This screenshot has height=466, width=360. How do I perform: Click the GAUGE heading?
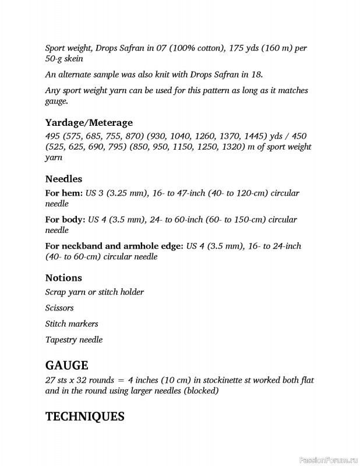tap(66, 366)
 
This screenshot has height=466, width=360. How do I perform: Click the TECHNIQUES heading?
tap(84, 416)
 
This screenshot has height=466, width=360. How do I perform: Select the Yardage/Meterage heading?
tap(89, 123)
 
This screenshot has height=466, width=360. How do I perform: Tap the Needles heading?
tap(63, 179)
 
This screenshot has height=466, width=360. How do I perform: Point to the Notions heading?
tap(63, 278)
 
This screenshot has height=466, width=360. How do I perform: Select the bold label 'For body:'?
tap(65, 220)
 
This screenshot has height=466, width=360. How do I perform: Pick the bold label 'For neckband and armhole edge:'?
tap(114, 246)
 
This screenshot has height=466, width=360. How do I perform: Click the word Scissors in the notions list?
tap(59, 308)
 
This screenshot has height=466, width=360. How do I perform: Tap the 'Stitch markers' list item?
tap(72, 324)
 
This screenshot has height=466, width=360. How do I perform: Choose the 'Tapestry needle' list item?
tap(73, 340)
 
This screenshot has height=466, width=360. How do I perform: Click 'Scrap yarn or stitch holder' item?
tap(94, 292)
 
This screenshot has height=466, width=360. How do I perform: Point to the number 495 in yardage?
tap(54, 136)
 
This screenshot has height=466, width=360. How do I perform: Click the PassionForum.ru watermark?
tap(328, 460)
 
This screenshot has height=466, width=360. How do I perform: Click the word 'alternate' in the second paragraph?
tap(75, 75)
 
